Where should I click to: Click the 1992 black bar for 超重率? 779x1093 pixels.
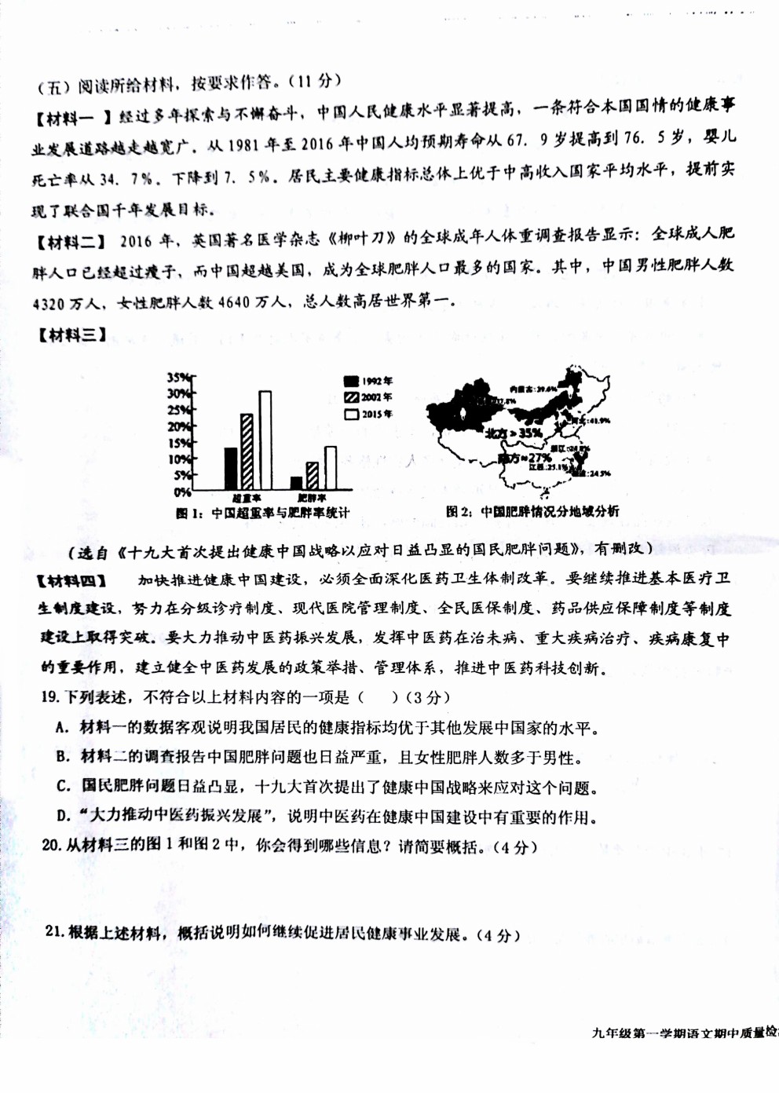point(231,469)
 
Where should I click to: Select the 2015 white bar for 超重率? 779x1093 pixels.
point(265,440)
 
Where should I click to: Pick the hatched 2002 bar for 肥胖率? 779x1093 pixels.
point(312,476)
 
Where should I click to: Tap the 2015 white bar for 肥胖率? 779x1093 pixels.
point(331,468)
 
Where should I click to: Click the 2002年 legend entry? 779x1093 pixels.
point(368,398)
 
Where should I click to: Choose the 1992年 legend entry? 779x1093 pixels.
point(368,382)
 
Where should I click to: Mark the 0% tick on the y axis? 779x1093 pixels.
point(181,492)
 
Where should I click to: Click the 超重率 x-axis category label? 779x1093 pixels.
point(247,499)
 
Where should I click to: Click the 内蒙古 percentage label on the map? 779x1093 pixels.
point(533,389)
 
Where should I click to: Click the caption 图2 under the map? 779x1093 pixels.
point(532,512)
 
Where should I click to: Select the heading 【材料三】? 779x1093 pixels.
point(71,336)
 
